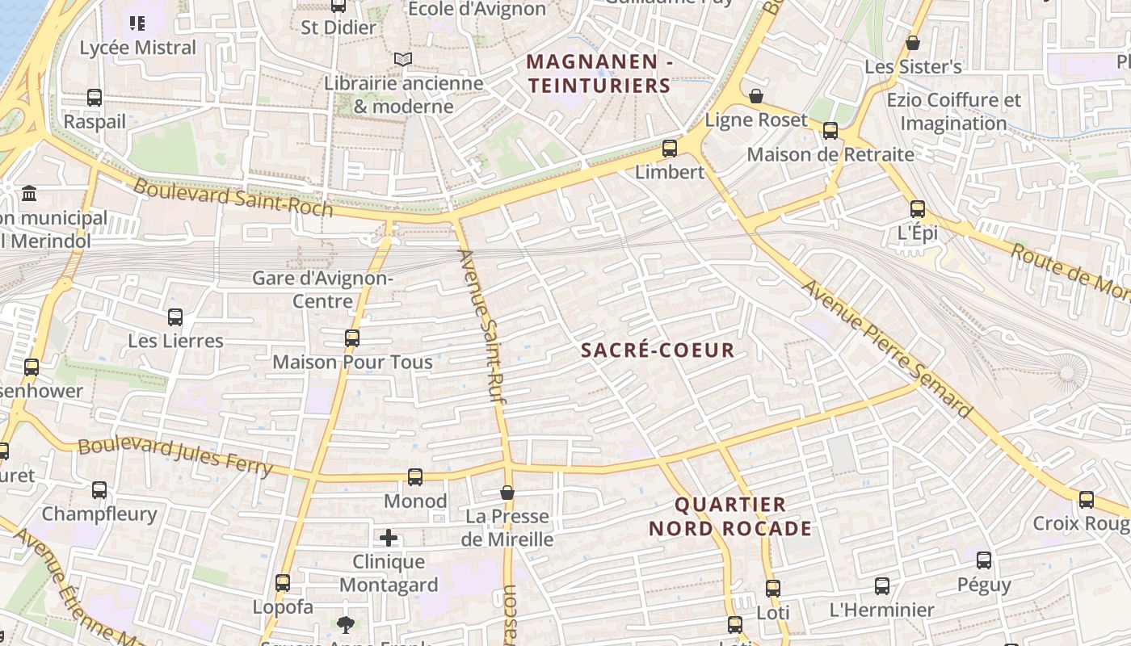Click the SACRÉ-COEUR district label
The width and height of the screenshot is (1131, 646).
[658, 350]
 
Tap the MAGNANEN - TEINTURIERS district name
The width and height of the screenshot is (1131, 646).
[599, 73]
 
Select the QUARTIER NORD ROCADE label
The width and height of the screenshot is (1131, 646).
[729, 517]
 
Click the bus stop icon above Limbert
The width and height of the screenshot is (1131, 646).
[669, 149]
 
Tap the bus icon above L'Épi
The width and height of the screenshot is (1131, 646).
[918, 209]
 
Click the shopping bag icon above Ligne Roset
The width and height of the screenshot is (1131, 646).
[756, 97]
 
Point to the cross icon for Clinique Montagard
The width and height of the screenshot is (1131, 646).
[389, 538]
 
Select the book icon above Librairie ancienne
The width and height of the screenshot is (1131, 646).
[402, 59]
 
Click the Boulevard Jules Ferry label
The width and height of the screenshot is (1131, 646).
[175, 457]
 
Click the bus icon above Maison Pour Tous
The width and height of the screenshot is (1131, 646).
[352, 338]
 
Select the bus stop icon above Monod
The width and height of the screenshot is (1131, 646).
[415, 477]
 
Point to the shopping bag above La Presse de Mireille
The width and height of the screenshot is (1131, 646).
[507, 493]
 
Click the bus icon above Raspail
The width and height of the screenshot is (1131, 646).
[95, 98]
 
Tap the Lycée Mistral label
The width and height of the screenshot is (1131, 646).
[138, 48]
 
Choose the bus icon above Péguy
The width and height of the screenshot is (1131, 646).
[984, 560]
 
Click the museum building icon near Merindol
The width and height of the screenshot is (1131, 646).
[30, 194]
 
